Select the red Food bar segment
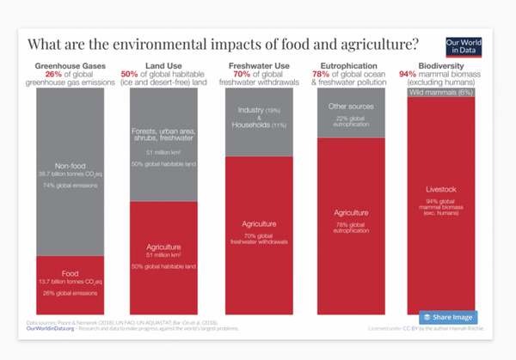click(x=70, y=284)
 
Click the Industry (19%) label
click(x=258, y=110)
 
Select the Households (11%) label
click(x=258, y=125)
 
